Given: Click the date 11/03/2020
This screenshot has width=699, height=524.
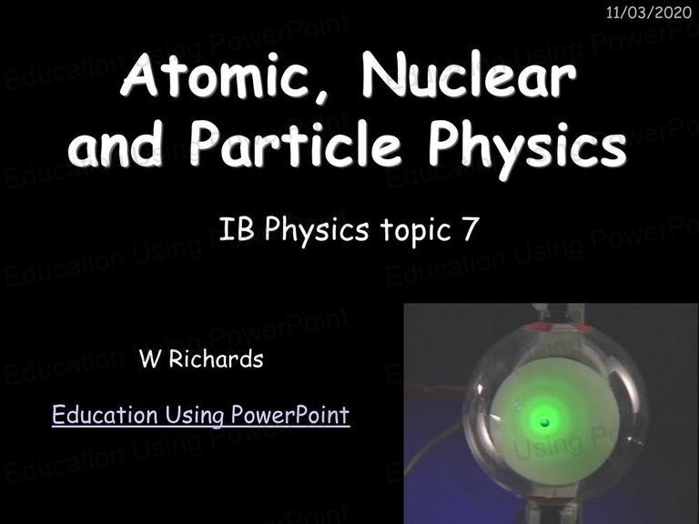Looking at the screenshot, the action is point(649,13).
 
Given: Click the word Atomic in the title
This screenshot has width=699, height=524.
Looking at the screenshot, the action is point(216,74).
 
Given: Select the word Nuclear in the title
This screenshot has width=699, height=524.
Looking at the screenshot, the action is point(470,74).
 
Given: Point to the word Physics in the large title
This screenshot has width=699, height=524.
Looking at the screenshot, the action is point(527,148).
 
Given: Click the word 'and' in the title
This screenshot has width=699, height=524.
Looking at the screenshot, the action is point(115,144).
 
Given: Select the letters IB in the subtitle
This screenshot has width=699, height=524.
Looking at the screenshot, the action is point(237,229).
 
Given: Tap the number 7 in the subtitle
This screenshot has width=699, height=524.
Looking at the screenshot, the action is point(471,229).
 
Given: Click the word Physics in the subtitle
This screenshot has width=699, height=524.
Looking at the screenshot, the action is point(317,231).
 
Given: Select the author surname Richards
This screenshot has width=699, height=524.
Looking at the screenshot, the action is point(217,359).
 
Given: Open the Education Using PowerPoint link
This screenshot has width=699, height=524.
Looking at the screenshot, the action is point(200,415).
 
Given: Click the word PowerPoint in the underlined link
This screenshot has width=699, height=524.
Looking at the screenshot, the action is point(290,415).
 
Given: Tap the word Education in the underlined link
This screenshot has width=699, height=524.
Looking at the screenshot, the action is point(105,415).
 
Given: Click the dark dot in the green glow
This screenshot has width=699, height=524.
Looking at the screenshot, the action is point(545,422).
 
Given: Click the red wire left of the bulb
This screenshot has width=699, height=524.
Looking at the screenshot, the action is point(439,388).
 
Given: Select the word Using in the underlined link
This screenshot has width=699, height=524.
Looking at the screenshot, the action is point(195,416).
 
